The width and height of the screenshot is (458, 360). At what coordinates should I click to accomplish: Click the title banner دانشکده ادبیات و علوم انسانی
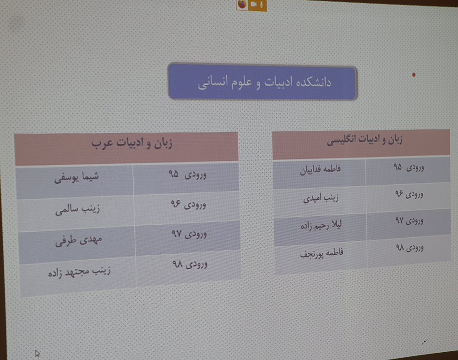pyautogui.click(x=262, y=82)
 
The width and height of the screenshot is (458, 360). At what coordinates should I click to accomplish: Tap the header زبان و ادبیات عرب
pyautogui.click(x=132, y=143)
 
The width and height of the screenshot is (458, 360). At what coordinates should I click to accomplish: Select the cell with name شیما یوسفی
pyautogui.click(x=76, y=177)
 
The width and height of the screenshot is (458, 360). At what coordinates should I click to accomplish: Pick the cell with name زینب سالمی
pyautogui.click(x=78, y=209)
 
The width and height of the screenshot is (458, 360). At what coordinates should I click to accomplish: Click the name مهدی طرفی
pyautogui.click(x=79, y=241)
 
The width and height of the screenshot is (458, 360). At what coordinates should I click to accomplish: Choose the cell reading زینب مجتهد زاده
pyautogui.click(x=79, y=272)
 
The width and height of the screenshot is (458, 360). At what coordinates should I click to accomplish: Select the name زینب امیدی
pyautogui.click(x=321, y=198)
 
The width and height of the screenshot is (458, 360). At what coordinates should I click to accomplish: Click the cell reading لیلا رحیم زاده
pyautogui.click(x=322, y=225)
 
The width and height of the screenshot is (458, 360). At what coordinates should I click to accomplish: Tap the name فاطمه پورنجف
pyautogui.click(x=322, y=253)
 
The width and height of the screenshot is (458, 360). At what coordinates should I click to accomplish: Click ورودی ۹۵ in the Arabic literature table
pyautogui.click(x=187, y=174)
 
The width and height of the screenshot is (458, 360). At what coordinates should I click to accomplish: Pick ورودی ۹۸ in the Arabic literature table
pyautogui.click(x=190, y=264)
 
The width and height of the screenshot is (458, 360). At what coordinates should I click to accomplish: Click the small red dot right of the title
pyautogui.click(x=414, y=75)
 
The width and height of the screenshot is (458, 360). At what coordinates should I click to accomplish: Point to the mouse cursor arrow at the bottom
pyautogui.click(x=38, y=354)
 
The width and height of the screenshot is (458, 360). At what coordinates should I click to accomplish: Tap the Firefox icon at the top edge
pyautogui.click(x=242, y=4)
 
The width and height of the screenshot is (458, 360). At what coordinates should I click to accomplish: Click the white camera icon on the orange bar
pyautogui.click(x=253, y=4)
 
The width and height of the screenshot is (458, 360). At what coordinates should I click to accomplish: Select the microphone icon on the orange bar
pyautogui.click(x=262, y=4)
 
